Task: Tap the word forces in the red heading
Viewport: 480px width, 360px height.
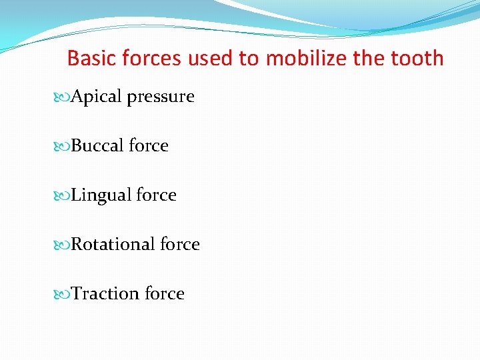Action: (151, 59)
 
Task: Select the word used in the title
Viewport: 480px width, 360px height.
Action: (211, 59)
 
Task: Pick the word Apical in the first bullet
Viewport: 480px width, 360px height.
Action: (97, 97)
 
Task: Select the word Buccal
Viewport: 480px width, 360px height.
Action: (97, 146)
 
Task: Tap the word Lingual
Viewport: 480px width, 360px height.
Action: (101, 196)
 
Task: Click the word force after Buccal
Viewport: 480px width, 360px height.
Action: (149, 146)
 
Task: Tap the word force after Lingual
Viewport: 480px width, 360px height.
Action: (157, 195)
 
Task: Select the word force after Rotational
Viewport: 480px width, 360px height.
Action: (180, 245)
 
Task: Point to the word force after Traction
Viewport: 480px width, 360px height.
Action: (165, 294)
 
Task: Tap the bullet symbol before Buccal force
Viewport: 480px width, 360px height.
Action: (63, 147)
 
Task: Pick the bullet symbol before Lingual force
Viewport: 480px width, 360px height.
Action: (63, 196)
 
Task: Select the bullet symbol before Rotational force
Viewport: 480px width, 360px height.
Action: (63, 245)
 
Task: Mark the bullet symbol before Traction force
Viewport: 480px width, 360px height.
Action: (63, 295)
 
